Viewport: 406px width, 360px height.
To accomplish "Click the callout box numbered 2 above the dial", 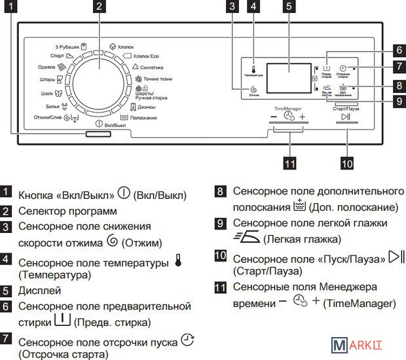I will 98,7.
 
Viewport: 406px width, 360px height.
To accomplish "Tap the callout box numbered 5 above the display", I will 288,7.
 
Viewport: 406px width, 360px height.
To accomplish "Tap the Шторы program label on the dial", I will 52,80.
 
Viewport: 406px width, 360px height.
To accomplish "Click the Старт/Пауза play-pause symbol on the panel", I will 346,118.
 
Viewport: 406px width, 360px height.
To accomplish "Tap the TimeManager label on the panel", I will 287,106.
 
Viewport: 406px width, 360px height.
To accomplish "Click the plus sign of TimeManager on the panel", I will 303,117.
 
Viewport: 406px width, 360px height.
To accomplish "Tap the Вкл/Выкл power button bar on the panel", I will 98,134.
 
